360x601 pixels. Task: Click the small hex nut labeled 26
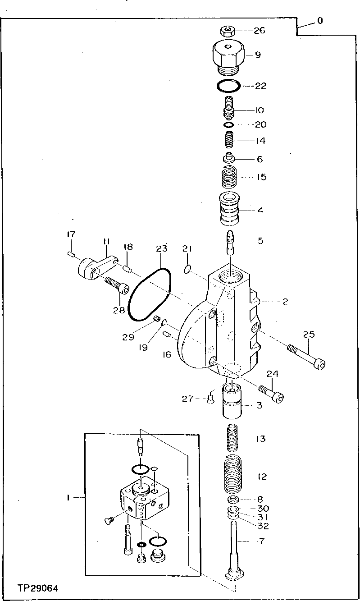tap(227, 31)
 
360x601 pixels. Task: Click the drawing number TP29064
tap(38, 589)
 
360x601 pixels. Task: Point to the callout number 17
tap(72, 234)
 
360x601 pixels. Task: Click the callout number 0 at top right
tap(320, 21)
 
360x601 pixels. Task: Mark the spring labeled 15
tap(231, 177)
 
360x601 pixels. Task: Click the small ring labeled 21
tap(188, 270)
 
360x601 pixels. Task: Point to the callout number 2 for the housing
tap(285, 302)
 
